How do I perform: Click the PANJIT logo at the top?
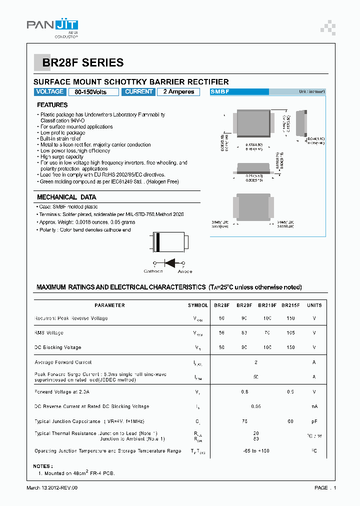tap(52, 27)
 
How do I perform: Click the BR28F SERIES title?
tap(83, 63)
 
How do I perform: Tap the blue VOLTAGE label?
tap(49, 92)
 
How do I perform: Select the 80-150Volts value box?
tap(93, 92)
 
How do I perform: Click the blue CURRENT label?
tap(138, 92)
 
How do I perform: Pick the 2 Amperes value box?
tap(178, 92)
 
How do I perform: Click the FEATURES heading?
tap(52, 105)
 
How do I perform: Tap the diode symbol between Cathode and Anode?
tap(169, 262)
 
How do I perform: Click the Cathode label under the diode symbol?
tap(153, 271)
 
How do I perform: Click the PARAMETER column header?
tap(109, 305)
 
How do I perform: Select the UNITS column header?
tap(314, 305)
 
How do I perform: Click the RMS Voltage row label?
tap(49, 333)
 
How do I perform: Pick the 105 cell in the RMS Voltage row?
tap(290, 333)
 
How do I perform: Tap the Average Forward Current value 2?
tap(256, 362)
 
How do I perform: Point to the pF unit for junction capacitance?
tap(314, 421)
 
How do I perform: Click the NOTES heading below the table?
tap(42, 466)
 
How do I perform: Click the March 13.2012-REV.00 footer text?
tap(52, 488)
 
